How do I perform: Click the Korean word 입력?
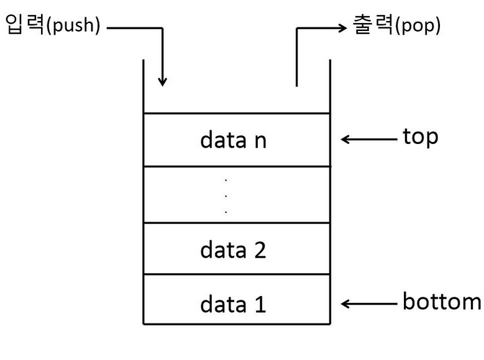coord(25,24)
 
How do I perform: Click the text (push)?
coord(73,25)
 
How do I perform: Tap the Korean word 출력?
coord(372,24)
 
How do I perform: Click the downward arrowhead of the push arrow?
coord(162,83)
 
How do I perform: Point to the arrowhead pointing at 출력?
coord(342,28)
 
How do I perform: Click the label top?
coord(421,137)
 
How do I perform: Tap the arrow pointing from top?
coord(369,140)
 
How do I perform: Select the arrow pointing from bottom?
coord(369,304)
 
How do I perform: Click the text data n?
coord(233,140)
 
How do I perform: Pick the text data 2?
coord(233,250)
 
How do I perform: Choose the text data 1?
coord(233,304)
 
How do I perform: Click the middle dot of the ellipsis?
coord(226,196)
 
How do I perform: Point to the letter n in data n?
coord(260,142)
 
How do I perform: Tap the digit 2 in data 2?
coord(260,250)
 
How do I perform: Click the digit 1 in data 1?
coord(260,305)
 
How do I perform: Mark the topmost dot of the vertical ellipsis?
coord(226,180)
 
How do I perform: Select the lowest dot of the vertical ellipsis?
coord(226,212)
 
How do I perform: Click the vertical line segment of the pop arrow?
coord(296,57)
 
